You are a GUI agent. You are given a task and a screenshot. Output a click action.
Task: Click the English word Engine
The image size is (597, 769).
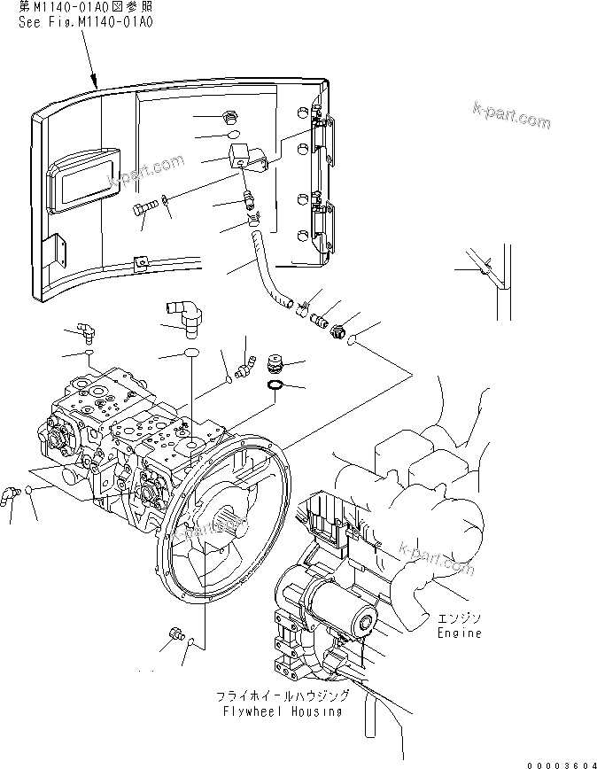(460, 633)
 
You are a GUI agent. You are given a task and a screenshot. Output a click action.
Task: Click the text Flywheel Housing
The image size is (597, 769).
(281, 711)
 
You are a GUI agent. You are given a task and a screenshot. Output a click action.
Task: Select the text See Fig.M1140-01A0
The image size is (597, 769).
(86, 22)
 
